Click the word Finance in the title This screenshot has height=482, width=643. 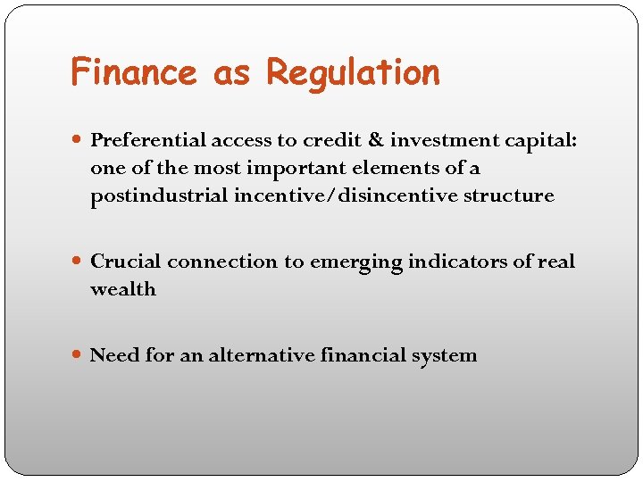[133, 72]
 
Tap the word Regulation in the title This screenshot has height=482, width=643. [353, 72]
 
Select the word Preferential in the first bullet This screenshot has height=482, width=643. [149, 140]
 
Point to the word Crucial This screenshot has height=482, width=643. [126, 262]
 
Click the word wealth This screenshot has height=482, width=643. [123, 289]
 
